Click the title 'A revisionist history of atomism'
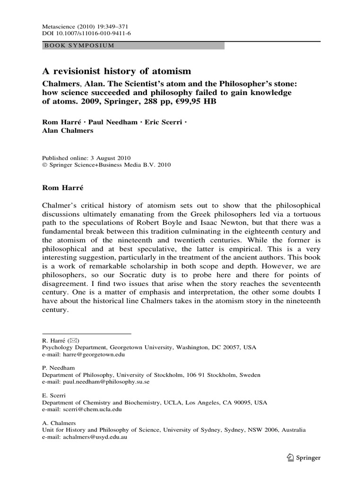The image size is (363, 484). pos(117,71)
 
